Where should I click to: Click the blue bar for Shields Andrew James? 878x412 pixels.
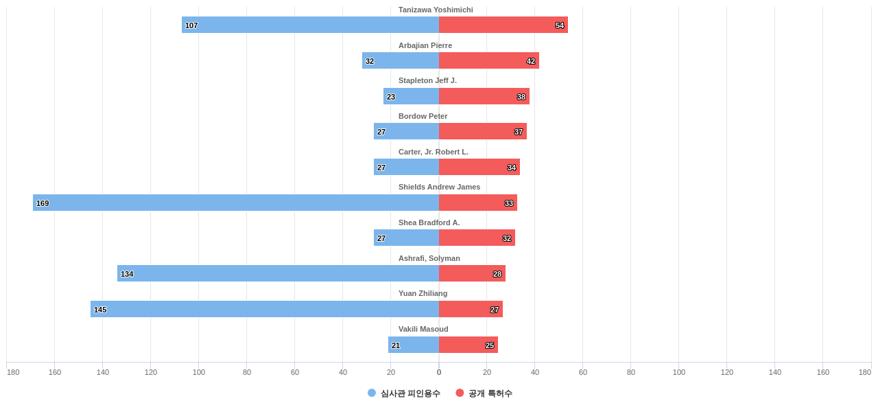(x=236, y=203)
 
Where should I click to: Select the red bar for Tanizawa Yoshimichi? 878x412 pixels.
(x=503, y=25)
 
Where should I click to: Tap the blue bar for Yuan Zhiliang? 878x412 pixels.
(x=265, y=309)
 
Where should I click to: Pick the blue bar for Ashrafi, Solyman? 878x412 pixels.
(x=278, y=273)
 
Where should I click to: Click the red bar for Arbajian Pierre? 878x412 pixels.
(x=488, y=60)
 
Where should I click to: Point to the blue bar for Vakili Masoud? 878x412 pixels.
(x=414, y=345)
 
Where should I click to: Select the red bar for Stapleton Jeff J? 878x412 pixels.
(x=484, y=96)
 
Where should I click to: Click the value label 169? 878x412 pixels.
(x=43, y=203)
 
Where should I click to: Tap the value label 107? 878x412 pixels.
(x=191, y=25)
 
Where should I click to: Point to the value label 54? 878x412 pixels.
(x=560, y=25)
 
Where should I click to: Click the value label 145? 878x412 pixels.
(x=100, y=310)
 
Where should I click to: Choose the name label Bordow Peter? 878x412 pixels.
(x=423, y=116)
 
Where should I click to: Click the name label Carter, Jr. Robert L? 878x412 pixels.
(x=434, y=152)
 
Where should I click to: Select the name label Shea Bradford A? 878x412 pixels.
(x=429, y=222)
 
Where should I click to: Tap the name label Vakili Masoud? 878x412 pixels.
(x=423, y=329)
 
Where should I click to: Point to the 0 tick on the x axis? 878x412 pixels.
(x=439, y=372)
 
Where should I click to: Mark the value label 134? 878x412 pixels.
(x=127, y=274)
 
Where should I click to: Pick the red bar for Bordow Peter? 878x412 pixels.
(x=482, y=131)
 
